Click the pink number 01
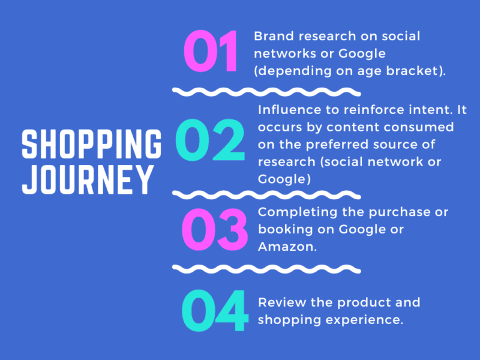coord(211,52)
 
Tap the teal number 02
coord(211,139)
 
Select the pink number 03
coord(214,230)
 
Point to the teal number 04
coord(214,311)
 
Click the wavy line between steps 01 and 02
coord(266,91)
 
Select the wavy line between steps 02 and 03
coord(266,194)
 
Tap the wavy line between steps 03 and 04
coord(266,268)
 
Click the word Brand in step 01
coord(271,36)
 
